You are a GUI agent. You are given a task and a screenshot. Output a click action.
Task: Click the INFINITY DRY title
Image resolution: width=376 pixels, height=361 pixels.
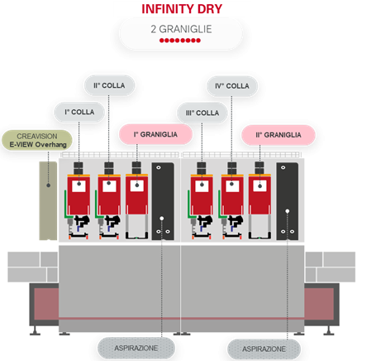(182, 9)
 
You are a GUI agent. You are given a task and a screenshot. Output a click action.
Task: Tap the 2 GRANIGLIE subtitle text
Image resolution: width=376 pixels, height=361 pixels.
(181, 29)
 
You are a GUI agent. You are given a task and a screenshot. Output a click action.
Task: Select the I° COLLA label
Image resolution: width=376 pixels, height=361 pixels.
(79, 112)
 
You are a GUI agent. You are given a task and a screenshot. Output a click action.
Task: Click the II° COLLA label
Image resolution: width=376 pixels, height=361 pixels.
(109, 85)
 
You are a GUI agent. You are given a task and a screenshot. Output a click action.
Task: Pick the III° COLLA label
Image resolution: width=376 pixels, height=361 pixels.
(202, 113)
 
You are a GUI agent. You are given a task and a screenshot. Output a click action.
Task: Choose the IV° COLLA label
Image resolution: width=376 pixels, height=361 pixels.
(232, 86)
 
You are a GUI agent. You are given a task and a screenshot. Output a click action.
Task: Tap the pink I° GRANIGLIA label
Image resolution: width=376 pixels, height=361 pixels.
(155, 134)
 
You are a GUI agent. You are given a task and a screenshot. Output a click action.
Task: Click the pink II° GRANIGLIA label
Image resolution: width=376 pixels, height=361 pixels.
(278, 135)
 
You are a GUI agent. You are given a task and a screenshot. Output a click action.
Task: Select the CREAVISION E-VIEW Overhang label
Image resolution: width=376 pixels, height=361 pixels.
(37, 140)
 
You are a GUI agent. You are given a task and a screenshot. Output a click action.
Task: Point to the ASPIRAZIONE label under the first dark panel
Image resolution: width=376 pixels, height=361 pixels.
(136, 348)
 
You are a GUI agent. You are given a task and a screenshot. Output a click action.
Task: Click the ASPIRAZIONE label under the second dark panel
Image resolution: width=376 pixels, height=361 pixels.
(264, 349)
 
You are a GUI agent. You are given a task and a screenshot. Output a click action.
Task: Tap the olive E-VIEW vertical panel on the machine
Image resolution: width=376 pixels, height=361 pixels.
(48, 200)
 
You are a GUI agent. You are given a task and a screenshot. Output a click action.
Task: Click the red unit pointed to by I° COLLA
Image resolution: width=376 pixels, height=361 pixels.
(79, 195)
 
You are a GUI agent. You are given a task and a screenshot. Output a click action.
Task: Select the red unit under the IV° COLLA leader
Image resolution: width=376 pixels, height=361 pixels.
(232, 195)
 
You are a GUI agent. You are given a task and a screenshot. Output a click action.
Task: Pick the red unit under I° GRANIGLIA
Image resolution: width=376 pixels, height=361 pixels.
(137, 194)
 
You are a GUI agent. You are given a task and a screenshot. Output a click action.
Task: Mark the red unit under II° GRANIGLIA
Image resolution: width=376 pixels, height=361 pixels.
(259, 194)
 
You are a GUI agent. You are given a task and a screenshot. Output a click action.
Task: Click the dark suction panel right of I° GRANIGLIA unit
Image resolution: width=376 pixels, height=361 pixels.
(163, 201)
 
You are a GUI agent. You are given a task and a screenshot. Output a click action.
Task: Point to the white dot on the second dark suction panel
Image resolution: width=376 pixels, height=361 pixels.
(288, 211)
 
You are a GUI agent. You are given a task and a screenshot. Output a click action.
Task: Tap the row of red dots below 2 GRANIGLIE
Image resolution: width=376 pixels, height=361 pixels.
(180, 41)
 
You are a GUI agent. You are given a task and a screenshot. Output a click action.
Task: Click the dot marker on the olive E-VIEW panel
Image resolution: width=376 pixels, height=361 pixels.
(49, 185)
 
